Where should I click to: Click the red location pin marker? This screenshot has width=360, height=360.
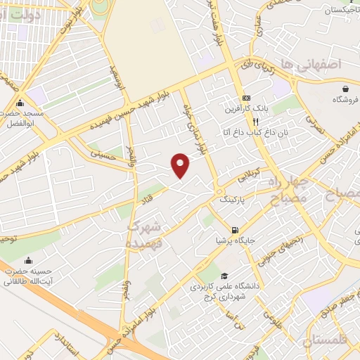click(181, 165)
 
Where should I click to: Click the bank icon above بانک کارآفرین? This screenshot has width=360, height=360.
click(245, 97)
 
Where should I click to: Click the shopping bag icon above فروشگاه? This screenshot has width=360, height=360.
click(346, 89)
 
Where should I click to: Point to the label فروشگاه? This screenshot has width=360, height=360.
click(345, 100)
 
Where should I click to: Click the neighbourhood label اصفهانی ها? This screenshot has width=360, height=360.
click(309, 64)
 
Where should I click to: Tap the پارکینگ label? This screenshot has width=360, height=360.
click(235, 200)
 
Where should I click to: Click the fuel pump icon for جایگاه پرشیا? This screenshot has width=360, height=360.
click(235, 229)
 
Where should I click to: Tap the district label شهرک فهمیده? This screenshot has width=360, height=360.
click(144, 235)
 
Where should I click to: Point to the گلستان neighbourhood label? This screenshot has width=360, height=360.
click(327, 341)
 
